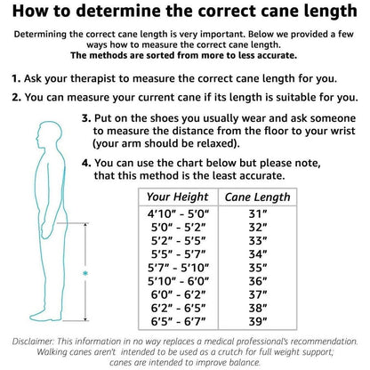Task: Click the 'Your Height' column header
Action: click(x=178, y=197)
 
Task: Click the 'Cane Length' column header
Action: click(x=257, y=197)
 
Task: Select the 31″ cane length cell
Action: click(x=258, y=213)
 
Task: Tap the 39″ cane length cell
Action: click(x=258, y=321)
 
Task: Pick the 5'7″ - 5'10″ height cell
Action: click(x=178, y=268)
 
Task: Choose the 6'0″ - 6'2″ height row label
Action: click(x=178, y=294)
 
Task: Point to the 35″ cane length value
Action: click(x=258, y=268)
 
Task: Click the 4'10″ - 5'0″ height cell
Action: click(x=178, y=213)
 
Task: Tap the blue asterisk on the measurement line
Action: click(x=85, y=273)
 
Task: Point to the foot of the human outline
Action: click(x=45, y=316)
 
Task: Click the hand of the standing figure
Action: click(x=47, y=230)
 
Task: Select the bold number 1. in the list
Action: click(x=16, y=78)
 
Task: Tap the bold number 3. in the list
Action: click(x=86, y=118)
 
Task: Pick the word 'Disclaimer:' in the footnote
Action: click(x=33, y=342)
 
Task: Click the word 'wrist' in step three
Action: click(x=342, y=131)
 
